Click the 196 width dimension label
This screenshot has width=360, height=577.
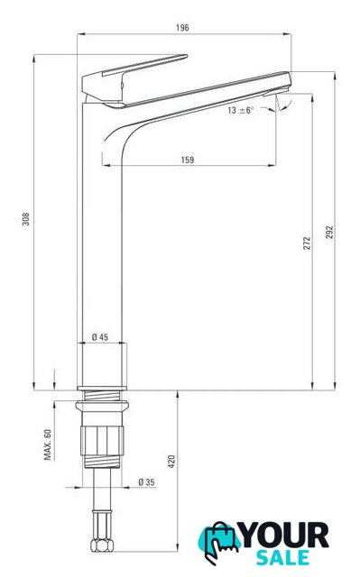click(182, 28)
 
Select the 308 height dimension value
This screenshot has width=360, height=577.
click(26, 219)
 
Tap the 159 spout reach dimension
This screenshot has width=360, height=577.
click(188, 160)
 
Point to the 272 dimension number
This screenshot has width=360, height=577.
click(307, 243)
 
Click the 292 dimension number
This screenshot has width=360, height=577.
click(329, 233)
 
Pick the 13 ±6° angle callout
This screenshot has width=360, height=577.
click(240, 110)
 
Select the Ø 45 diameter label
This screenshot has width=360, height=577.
click(100, 336)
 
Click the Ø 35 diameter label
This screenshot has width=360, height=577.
click(146, 481)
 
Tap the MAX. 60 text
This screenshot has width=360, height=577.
click(48, 444)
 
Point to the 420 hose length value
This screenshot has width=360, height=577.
click(171, 462)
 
